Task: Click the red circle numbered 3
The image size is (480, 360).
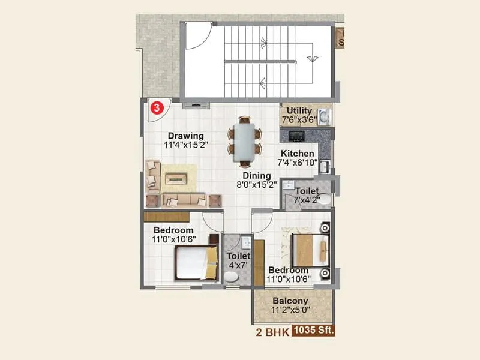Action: tap(156, 108)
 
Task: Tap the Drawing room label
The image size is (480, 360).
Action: tap(185, 136)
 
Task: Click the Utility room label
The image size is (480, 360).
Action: tap(299, 111)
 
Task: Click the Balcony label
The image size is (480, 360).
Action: tap(290, 301)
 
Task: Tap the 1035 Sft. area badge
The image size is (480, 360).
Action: tap(314, 331)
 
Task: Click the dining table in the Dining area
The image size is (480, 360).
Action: tap(244, 139)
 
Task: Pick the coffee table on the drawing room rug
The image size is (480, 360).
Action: tap(177, 178)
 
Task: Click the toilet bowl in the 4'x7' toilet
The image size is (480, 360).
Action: tap(231, 277)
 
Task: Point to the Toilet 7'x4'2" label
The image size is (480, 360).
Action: tap(307, 191)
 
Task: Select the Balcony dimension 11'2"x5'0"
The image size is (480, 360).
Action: tap(290, 310)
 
